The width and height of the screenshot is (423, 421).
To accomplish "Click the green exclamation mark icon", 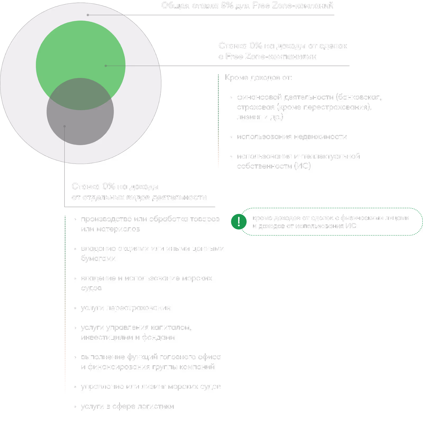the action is coord(239,222).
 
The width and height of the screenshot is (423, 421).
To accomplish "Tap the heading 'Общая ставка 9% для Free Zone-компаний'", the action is coord(247,6).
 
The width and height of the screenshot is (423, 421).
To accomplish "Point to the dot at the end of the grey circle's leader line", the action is coord(65,126).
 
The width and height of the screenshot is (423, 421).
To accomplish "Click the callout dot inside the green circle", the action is coord(106,66).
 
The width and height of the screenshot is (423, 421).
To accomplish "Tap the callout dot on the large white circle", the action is coord(88,15).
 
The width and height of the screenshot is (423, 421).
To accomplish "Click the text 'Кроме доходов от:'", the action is coord(258,78).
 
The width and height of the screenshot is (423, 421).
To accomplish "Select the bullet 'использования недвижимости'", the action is coord(292,137).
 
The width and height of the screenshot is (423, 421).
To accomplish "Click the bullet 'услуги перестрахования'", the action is coord(126,308).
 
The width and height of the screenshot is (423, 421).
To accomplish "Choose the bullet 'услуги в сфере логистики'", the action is coord(127,406).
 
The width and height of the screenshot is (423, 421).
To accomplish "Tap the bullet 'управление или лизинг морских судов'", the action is coord(151,387).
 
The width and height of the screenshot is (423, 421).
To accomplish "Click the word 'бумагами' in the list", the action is coord(98,258).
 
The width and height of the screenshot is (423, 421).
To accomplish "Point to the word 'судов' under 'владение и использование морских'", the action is coord(91,288).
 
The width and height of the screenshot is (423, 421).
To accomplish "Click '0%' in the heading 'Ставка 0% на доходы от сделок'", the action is coord(256,46).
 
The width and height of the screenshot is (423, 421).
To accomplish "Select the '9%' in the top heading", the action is coord(227,6).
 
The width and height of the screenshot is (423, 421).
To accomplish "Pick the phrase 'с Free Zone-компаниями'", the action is coord(268,57).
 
